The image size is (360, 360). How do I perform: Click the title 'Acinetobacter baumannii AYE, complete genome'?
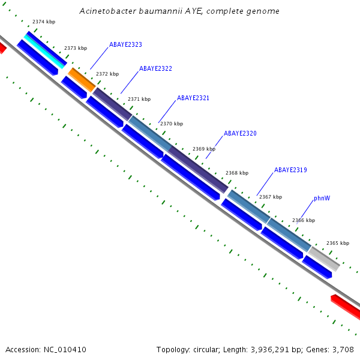coord(179,11)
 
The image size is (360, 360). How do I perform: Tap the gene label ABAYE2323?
coord(125,45)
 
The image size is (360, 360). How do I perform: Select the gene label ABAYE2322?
coord(155,69)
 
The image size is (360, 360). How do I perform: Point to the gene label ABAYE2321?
coord(193,98)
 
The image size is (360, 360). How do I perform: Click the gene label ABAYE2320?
coord(240,133)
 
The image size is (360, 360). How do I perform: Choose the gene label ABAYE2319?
coord(290,170)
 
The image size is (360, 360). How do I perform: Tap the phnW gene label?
coord(322,199)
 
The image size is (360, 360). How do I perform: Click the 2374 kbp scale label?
coord(44,22)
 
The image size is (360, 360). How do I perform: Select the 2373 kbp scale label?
coord(76,48)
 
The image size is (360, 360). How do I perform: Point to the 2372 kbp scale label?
coord(107,74)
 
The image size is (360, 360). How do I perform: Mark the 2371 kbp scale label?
coord(139,99)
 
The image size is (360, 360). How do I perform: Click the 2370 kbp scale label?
coord(172,124)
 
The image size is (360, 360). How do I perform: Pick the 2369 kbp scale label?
coord(204,149)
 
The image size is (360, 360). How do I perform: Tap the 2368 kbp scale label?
coord(237,173)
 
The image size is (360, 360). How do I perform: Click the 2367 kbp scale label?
coord(271,197)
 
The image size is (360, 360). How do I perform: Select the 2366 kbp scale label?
coord(304,220)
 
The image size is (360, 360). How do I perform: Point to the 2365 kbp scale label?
coord(338,243)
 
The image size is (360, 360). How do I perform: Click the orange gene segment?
coord(82,80)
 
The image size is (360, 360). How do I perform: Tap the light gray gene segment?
coord(325,259)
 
